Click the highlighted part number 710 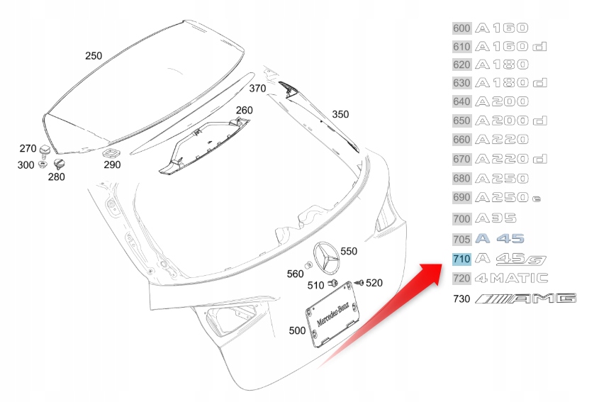tap(461, 259)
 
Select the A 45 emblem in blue tap(500, 239)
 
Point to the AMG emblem tap(526, 298)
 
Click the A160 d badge tap(510, 47)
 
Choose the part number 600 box tap(461, 28)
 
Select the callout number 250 tap(94, 55)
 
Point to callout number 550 tap(349, 251)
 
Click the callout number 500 tap(298, 330)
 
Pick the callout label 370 tap(257, 89)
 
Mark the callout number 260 tap(244, 110)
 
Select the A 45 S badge tap(510, 259)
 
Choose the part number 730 tap(461, 299)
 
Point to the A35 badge tap(496, 219)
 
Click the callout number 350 tap(340, 114)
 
